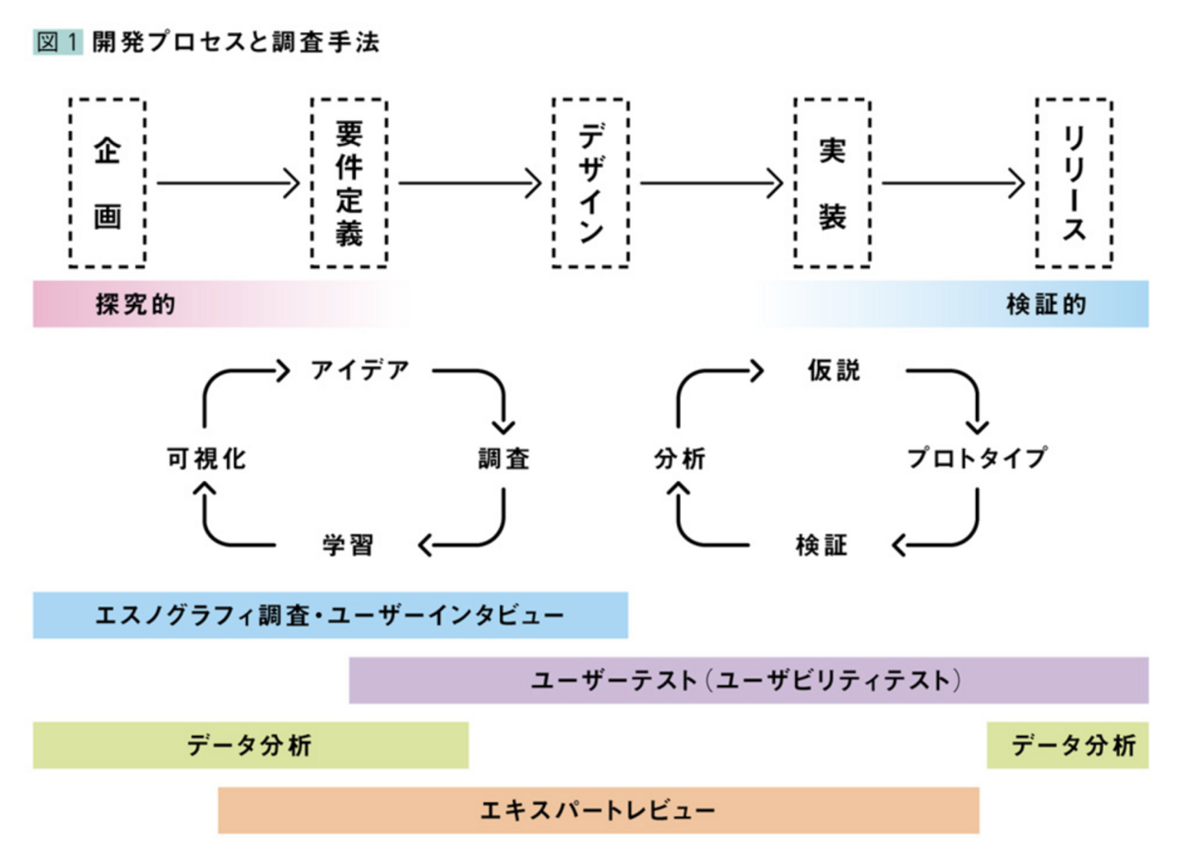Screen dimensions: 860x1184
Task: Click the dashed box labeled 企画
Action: tap(107, 183)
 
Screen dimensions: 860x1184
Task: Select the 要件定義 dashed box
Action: tap(349, 183)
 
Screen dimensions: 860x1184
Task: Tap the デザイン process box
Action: tap(590, 183)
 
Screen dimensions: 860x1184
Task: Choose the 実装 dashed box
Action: tap(832, 183)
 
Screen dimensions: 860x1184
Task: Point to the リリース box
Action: tap(1074, 183)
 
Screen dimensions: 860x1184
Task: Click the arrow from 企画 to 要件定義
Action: tap(228, 183)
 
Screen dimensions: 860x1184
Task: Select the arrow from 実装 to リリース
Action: tap(953, 183)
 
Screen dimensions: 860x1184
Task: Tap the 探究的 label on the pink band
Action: tap(136, 304)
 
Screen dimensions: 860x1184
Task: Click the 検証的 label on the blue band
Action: tap(1046, 304)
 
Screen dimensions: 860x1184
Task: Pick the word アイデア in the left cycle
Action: tap(360, 371)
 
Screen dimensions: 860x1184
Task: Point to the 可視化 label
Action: tap(206, 458)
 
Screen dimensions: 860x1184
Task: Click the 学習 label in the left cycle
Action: tap(348, 544)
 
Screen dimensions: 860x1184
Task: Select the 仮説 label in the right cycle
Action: tap(834, 371)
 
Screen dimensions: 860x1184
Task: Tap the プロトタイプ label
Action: tap(977, 458)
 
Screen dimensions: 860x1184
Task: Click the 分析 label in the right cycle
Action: tap(679, 458)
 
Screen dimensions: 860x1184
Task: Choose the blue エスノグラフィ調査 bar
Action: tap(330, 615)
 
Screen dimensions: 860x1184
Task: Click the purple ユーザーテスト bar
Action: tap(748, 680)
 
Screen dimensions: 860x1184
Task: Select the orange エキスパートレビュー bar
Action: tap(598, 811)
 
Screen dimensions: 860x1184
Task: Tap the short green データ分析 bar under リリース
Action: tap(1067, 746)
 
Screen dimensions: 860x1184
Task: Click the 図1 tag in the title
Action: tap(58, 41)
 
